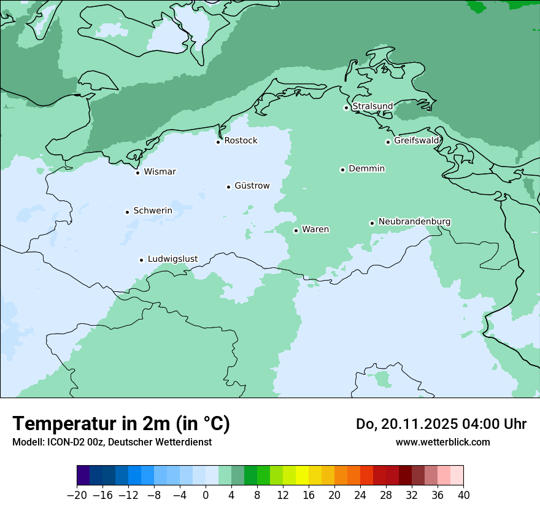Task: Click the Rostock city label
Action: [241, 141]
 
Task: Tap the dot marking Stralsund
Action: [346, 108]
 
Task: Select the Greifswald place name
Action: [417, 141]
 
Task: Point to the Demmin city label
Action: [366, 168]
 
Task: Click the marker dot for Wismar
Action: [137, 173]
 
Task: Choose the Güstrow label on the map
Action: [252, 186]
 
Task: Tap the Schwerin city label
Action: [153, 211]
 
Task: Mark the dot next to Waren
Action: [296, 230]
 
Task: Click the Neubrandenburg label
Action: [414, 221]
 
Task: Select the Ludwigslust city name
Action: [172, 259]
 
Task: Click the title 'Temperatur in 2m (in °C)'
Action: [121, 424]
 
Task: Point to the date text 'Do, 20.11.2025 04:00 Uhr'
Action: [441, 424]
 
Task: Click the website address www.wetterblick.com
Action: [442, 442]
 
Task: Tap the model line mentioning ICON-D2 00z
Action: [112, 442]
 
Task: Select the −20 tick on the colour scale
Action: [77, 495]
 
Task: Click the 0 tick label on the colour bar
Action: [206, 495]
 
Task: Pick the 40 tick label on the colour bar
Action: [463, 495]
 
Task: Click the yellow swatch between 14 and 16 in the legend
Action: [302, 476]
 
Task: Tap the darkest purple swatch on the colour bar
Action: [83, 476]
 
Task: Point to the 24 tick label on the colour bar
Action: [360, 495]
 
